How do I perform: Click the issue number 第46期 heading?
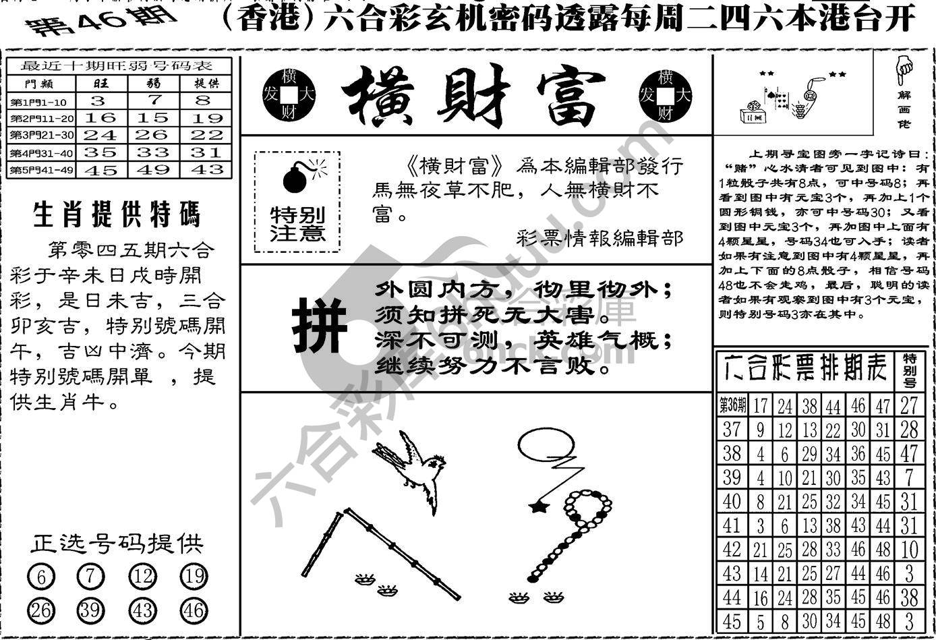pos(100,21)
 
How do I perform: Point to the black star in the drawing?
pos(537,506)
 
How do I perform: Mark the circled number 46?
pos(194,611)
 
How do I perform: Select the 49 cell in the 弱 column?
pos(154,170)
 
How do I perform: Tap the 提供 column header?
pos(206,83)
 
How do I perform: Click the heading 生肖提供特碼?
pos(117,215)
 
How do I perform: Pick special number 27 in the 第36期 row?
pos(910,405)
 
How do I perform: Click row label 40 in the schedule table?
pos(732,502)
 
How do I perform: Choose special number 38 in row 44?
pos(910,598)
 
